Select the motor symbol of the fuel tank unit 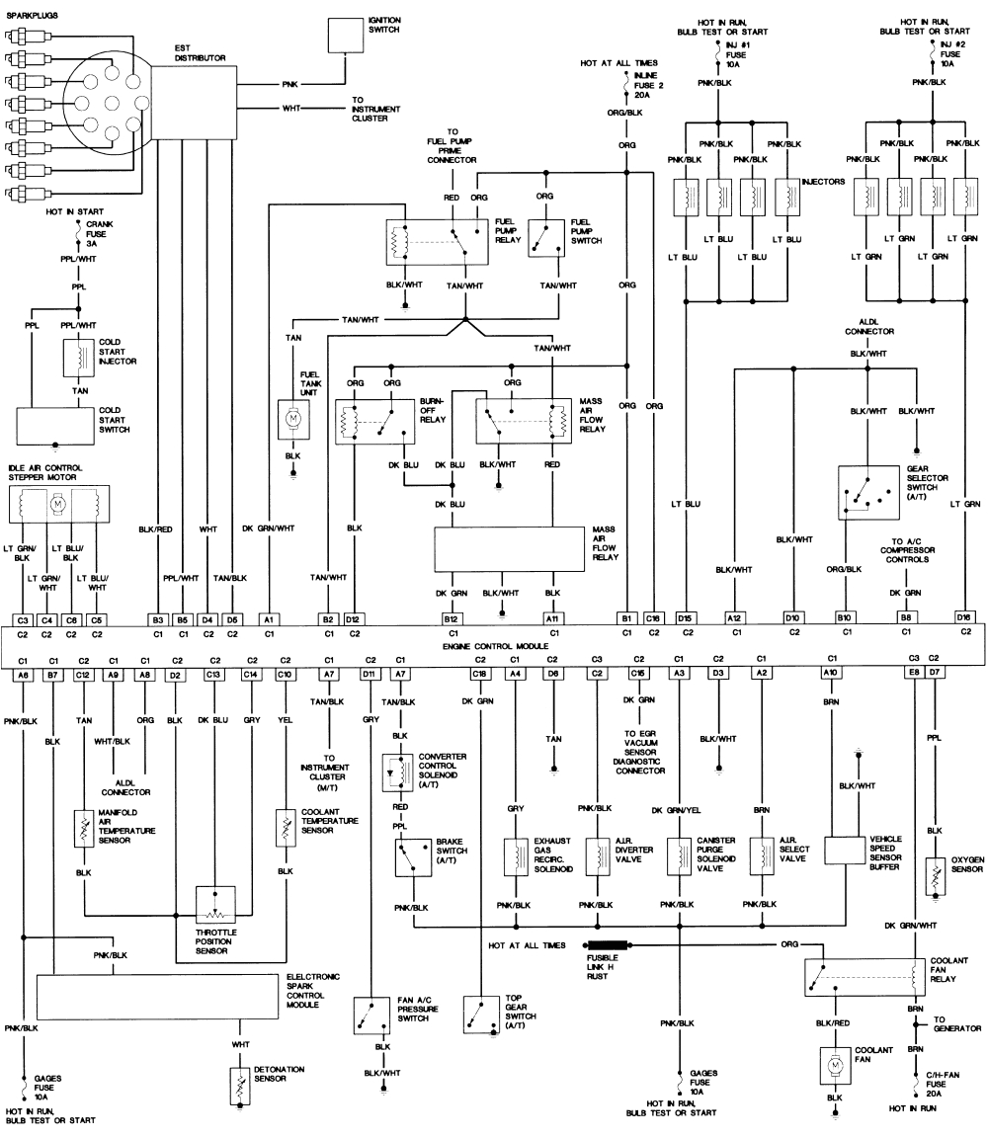[x=293, y=418]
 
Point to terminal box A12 [x=733, y=616]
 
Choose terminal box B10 [x=845, y=616]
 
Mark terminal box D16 [x=964, y=616]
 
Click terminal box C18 [x=480, y=674]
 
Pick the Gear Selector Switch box [x=866, y=490]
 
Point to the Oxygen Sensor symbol [x=933, y=872]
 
